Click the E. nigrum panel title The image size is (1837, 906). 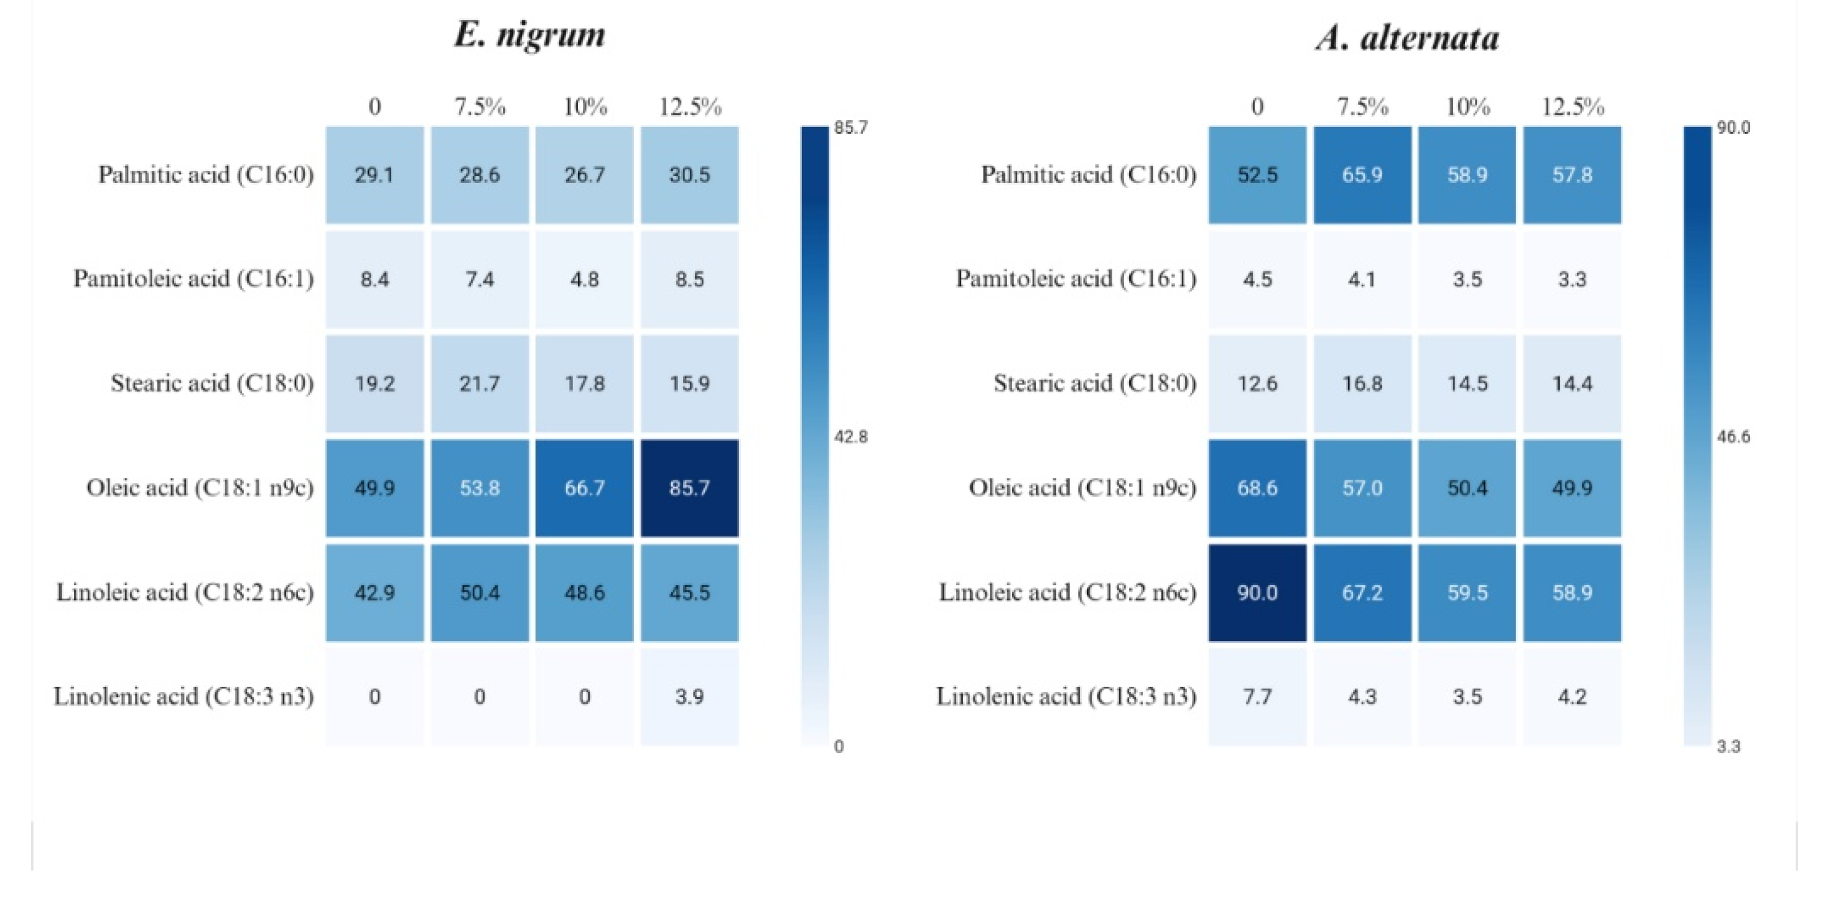[529, 34]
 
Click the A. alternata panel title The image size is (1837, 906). [1407, 37]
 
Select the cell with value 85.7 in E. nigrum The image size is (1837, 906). [689, 488]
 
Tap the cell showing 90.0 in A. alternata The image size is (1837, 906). [1257, 592]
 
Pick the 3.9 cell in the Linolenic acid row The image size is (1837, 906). [689, 696]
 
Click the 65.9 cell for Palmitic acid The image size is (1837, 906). [1362, 175]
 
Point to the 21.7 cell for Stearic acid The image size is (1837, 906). [479, 384]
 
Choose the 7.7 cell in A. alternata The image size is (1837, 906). [1257, 696]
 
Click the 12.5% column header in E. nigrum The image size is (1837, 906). [689, 107]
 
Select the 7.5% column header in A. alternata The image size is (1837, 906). [1362, 107]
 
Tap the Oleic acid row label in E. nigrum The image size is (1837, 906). [200, 488]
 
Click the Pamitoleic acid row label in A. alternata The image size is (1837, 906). [1076, 279]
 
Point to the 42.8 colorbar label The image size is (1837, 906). [851, 437]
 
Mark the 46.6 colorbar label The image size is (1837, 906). [1733, 437]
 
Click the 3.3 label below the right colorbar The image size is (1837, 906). [1728, 747]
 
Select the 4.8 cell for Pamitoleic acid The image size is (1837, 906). [584, 279]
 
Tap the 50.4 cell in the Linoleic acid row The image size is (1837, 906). [479, 592]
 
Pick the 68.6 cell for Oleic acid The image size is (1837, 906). [1257, 488]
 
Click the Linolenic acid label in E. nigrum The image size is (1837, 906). [184, 696]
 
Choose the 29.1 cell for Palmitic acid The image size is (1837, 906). [374, 175]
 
